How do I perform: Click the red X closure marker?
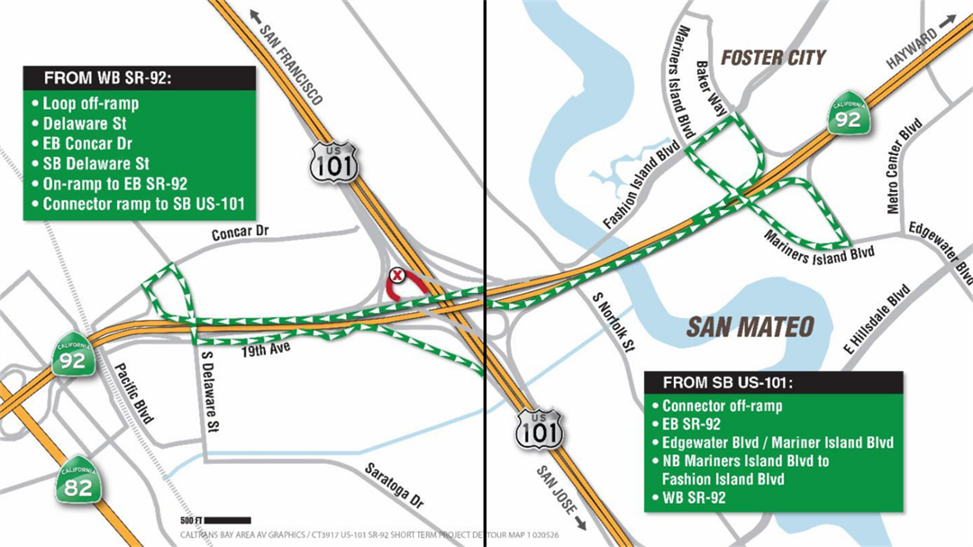pos(395,274)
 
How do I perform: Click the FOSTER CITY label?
pos(773,58)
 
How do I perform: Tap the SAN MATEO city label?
pos(750,326)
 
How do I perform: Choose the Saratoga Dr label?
pos(394,484)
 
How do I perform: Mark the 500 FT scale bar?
pos(227,520)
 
